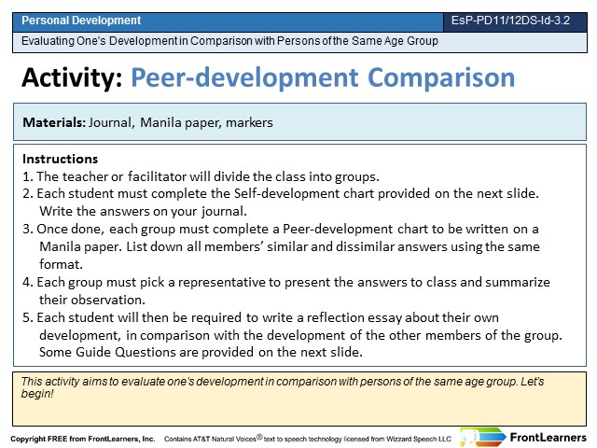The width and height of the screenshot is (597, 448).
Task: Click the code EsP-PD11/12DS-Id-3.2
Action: click(x=510, y=21)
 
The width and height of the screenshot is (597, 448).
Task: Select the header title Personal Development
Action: click(x=81, y=21)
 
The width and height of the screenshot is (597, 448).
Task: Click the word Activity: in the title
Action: click(x=72, y=77)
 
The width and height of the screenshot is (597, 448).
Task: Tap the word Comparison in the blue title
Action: click(x=441, y=78)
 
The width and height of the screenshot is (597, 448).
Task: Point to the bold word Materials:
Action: click(x=54, y=122)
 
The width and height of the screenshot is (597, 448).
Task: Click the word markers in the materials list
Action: click(x=249, y=122)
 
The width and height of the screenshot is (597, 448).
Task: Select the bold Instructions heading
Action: click(x=60, y=159)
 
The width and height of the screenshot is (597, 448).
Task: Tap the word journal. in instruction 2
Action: click(x=224, y=212)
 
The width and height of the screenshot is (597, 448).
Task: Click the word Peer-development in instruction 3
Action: click(x=338, y=229)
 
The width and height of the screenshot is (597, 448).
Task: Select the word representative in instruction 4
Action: click(x=222, y=282)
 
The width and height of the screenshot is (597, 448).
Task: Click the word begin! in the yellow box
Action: click(x=37, y=394)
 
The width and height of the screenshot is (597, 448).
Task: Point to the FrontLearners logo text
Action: click(x=548, y=438)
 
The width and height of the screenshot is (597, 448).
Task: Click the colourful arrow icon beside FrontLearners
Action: click(x=483, y=437)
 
